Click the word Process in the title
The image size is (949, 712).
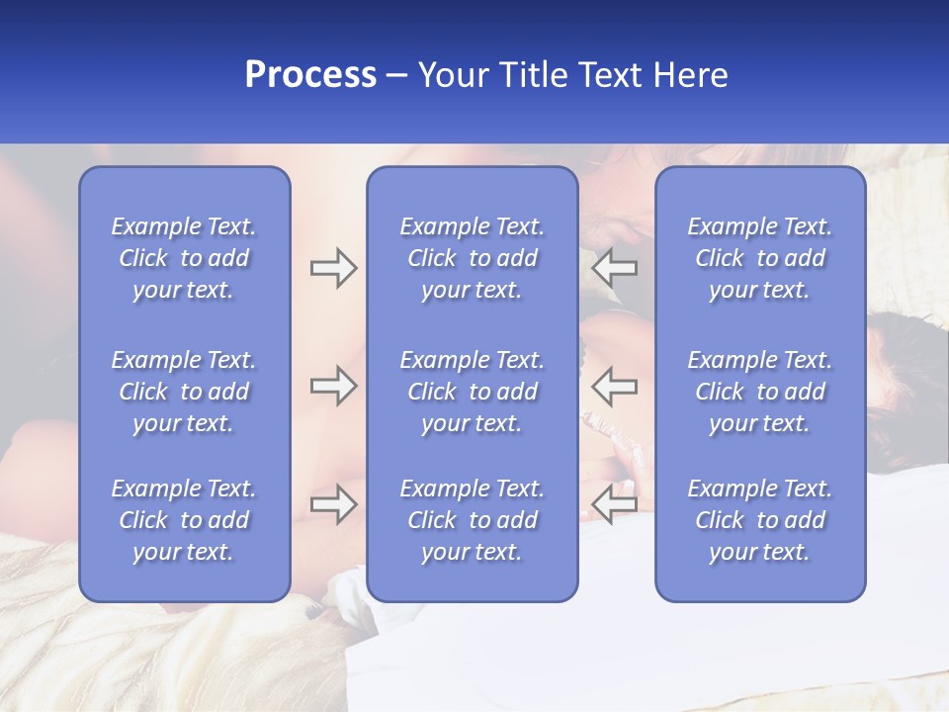(x=310, y=75)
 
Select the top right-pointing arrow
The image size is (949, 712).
(x=334, y=268)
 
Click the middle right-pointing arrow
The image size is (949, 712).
(x=334, y=386)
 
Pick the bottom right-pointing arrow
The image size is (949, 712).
(x=334, y=504)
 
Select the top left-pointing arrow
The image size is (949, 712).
(x=614, y=268)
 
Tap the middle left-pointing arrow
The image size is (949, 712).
(x=614, y=386)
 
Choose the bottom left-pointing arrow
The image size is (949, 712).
(x=614, y=504)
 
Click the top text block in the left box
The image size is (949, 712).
(x=184, y=258)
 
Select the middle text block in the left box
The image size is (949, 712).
(x=184, y=392)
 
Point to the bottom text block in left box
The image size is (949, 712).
(x=184, y=520)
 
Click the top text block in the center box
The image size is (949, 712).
(x=472, y=258)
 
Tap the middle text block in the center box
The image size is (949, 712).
(x=472, y=392)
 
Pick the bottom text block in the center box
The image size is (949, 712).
(x=472, y=520)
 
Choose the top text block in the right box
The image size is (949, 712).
(x=760, y=258)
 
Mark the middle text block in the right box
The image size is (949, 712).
(x=760, y=392)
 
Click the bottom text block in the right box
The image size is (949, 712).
(x=760, y=520)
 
